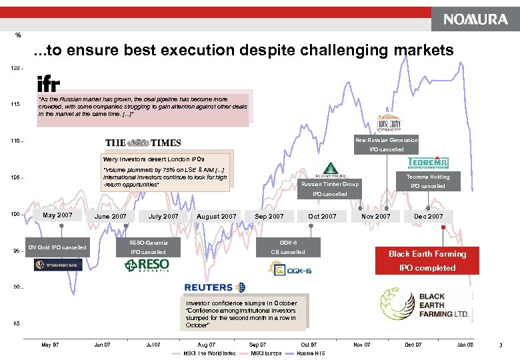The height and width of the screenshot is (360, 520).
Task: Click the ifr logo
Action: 49,84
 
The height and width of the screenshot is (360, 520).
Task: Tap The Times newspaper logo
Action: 143,143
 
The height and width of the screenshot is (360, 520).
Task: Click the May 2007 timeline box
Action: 57,215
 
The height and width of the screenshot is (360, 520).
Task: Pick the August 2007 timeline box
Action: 216,217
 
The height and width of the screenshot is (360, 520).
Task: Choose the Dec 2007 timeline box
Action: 428,217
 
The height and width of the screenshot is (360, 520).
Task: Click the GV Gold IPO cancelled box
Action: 57,247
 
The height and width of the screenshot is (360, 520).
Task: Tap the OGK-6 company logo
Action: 289,268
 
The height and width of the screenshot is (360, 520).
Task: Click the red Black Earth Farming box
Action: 427,261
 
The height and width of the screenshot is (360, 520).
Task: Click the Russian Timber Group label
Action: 330,184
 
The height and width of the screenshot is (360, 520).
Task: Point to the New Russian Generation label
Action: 387,140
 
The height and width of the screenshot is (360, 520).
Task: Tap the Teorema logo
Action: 427,163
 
